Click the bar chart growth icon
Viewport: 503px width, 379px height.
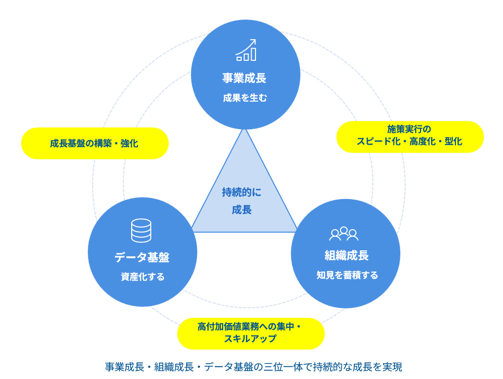pos(246,50)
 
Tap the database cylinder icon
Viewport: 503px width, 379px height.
pos(141,230)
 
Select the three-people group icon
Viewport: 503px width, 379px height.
pos(344,233)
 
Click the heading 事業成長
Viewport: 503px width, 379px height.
pos(244,78)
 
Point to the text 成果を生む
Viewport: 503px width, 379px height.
pos(245,97)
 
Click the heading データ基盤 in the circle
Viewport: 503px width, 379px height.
pos(142,258)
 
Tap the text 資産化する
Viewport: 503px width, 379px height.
pos(142,277)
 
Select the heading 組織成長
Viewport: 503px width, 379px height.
pos(346,256)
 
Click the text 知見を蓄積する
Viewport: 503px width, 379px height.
pos(347,275)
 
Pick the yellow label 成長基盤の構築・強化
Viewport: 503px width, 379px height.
pos(95,143)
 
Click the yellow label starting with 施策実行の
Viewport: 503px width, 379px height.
pos(410,136)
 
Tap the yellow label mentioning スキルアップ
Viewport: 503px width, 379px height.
pos(251,333)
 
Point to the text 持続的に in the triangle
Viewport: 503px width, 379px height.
pos(242,192)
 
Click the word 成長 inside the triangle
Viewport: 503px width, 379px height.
pos(242,210)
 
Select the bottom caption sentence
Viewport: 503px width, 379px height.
pos(253,367)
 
